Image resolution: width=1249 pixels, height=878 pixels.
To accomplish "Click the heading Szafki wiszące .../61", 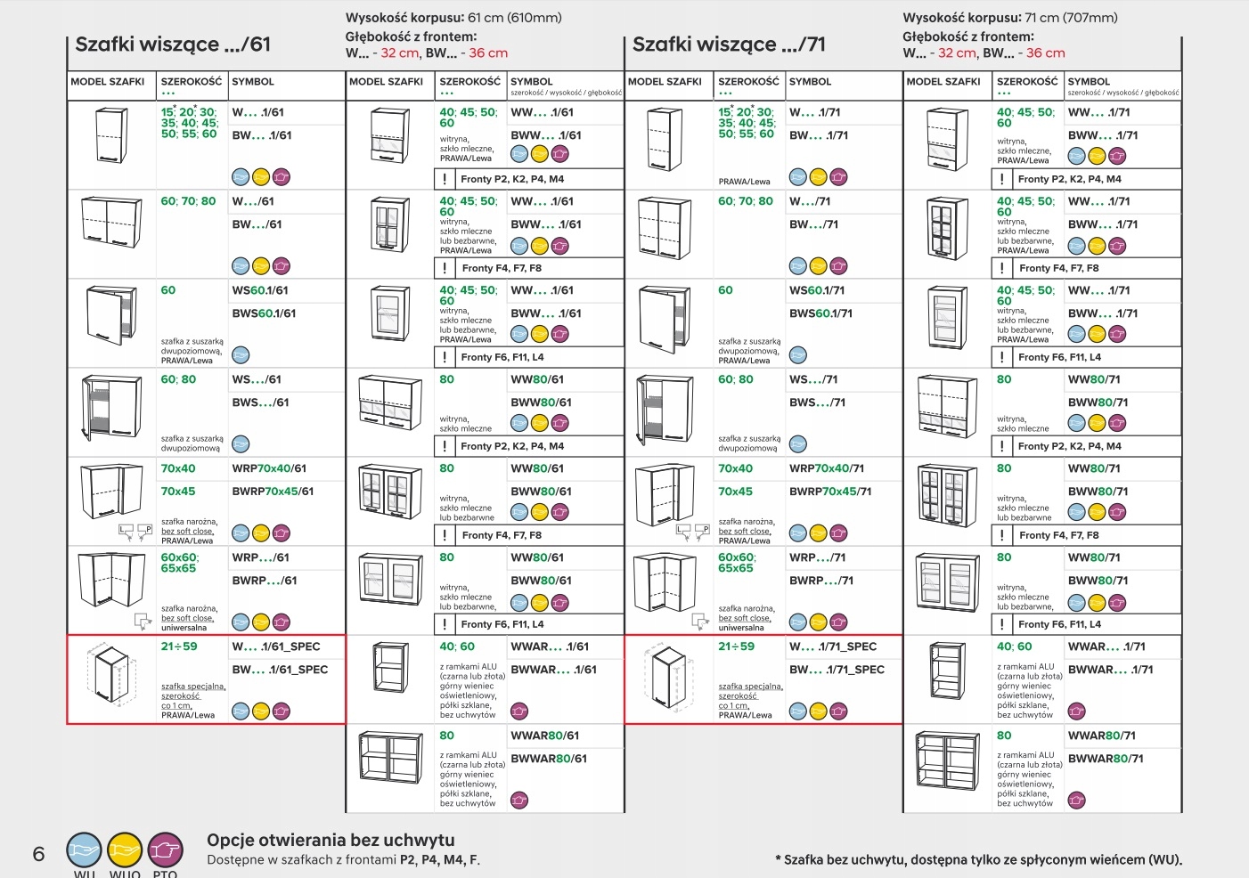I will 173,45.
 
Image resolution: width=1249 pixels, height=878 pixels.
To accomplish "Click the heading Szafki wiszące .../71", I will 729,45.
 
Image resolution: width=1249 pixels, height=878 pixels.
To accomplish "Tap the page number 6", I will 38,854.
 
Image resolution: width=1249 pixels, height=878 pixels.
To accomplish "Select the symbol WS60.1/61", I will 260,290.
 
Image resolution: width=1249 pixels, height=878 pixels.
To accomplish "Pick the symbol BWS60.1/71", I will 820,313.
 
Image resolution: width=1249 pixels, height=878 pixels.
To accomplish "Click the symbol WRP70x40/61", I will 269,468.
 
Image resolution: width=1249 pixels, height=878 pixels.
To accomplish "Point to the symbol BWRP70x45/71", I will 830,492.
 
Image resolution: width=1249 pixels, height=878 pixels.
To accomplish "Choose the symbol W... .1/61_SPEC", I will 276,646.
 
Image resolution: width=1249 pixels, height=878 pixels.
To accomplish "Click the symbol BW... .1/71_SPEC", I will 837,670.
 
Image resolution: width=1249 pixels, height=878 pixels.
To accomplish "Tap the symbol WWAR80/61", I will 544,736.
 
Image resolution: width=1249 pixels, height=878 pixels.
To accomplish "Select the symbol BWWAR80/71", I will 1106,759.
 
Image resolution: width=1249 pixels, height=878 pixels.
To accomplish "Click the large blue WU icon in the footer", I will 85,850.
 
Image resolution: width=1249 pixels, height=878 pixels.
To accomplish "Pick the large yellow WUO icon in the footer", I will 125,850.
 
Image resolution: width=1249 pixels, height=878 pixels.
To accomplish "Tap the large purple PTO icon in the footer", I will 165,850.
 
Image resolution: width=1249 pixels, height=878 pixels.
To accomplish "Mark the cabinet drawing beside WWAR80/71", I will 946,765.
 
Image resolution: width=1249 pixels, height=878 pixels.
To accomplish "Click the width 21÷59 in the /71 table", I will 736,646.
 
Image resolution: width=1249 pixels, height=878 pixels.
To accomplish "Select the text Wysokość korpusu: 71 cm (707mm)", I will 1009,18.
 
